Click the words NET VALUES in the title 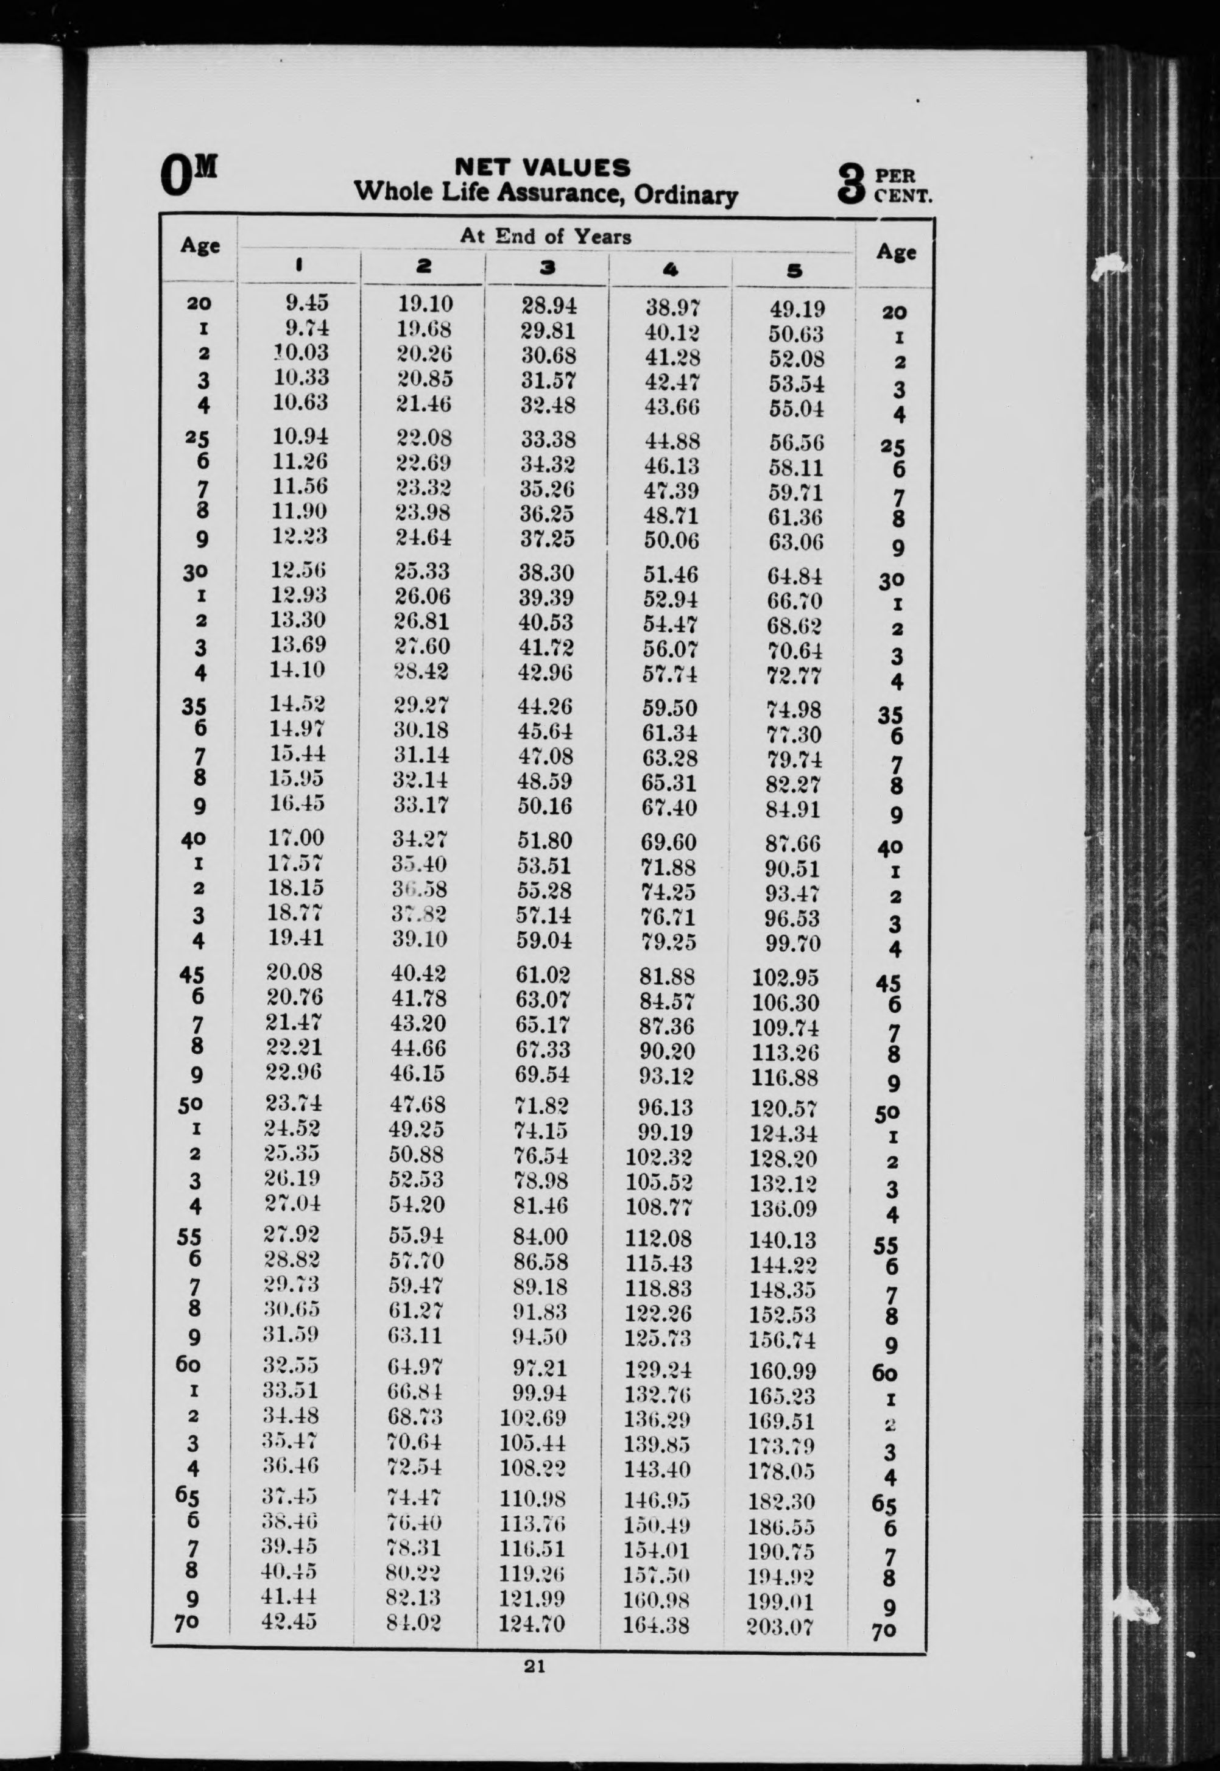(x=543, y=167)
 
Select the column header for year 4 (x=671, y=269)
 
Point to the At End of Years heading (x=545, y=236)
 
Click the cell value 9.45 (x=306, y=303)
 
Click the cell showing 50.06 (x=671, y=541)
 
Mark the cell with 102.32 (x=659, y=1157)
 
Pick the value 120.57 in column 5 (x=783, y=1108)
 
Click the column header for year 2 (x=423, y=266)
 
